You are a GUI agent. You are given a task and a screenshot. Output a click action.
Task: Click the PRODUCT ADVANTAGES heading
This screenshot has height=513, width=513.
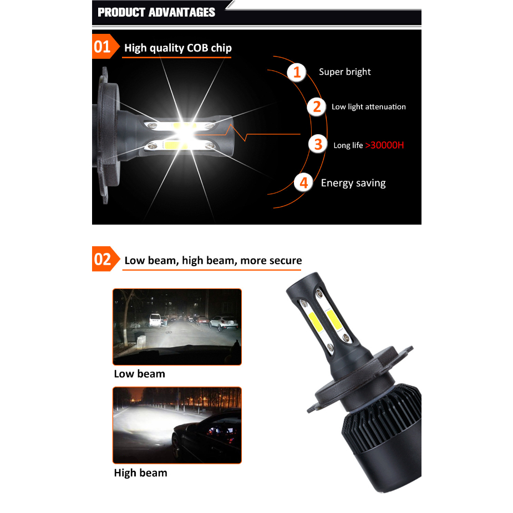(156, 12)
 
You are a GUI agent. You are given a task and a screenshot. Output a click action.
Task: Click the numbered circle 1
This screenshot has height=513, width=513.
(297, 72)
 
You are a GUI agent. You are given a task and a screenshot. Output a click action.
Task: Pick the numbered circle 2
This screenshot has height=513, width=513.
(317, 107)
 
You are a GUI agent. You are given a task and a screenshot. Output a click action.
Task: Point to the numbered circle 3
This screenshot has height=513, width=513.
(318, 144)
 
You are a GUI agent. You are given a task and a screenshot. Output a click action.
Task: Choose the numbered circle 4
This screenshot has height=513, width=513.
(303, 183)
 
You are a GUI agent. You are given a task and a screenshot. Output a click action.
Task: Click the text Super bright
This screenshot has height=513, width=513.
(345, 72)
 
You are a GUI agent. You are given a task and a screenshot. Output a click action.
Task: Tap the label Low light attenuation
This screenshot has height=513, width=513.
(369, 107)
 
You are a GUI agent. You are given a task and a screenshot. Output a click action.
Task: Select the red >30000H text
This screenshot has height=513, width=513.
(385, 145)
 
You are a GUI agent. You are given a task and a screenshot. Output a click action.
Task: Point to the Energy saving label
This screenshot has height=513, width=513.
(353, 183)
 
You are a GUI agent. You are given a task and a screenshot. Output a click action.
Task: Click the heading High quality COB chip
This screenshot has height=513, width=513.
(178, 48)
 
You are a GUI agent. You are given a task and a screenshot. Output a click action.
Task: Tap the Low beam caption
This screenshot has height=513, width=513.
(139, 374)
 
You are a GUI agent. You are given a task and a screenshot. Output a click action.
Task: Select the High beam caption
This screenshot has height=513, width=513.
(141, 473)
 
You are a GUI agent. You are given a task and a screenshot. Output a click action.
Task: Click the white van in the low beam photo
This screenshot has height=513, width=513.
(155, 320)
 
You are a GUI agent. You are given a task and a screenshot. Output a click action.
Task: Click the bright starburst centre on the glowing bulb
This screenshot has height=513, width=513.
(185, 134)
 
